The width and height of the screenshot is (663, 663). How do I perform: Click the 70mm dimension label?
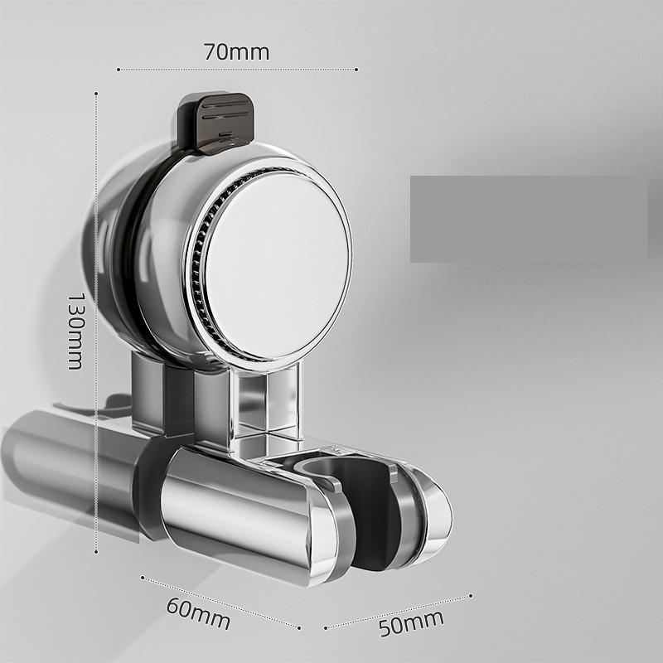236,51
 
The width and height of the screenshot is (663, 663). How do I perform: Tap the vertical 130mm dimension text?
75,330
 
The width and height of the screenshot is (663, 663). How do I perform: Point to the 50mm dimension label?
411,622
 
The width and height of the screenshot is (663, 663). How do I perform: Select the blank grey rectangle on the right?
528,219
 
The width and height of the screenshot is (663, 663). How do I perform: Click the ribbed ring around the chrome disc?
196,273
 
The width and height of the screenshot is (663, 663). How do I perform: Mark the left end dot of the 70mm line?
119,70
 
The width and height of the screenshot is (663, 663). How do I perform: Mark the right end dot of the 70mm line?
357,70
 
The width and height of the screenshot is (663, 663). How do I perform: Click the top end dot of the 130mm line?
97,93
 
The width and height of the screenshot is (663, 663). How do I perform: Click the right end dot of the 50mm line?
471,594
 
